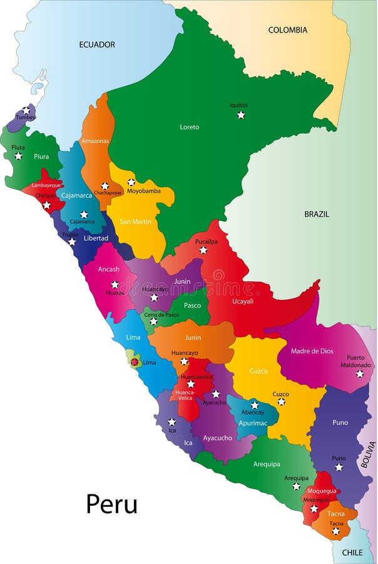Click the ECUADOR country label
coord(97,44)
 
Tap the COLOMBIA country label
coord(288,30)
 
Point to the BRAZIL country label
coord(317,214)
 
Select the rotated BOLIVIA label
coord(369,455)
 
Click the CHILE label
coord(352,552)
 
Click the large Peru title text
coord(111,504)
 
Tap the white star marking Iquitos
coord(241,115)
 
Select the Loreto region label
coord(190,127)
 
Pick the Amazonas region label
coord(95,141)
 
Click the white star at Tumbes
coord(26,110)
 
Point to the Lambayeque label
coord(47,185)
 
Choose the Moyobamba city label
coord(144,191)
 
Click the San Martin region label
coord(136,222)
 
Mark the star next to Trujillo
coord(72,242)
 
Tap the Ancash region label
coord(109,269)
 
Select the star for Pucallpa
coord(203,250)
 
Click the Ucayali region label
coord(243,301)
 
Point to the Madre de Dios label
coord(312,351)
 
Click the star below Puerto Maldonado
coord(360,373)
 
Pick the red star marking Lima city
coord(134,362)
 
